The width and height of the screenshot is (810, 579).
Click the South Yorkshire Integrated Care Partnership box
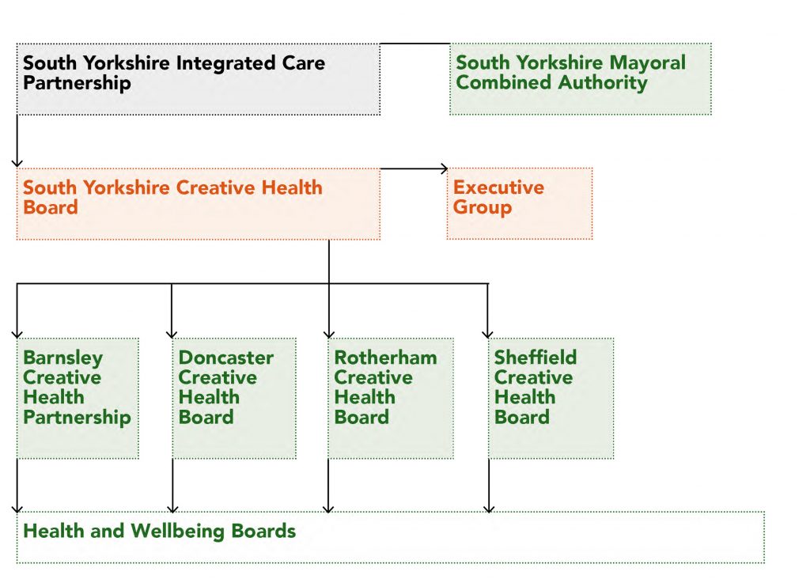pos(199,79)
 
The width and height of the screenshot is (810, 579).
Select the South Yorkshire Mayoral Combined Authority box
pos(581,79)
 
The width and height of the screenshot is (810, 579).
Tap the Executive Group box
pos(520,203)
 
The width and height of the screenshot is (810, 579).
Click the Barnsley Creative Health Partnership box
pos(78,398)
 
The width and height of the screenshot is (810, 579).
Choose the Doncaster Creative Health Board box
pos(234,398)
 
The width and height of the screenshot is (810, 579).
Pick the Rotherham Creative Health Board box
pos(391,398)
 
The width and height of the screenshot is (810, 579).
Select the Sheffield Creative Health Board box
pos(551,398)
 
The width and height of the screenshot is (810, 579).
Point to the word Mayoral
pos(647,62)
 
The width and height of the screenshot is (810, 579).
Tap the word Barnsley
pos(63,358)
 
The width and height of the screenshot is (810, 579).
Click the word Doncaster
pos(226,358)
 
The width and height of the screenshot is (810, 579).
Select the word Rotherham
pos(385,358)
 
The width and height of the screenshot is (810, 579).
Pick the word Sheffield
pos(536,357)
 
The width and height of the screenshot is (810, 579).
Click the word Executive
pos(498,187)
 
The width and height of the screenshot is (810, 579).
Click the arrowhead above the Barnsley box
pos(17,335)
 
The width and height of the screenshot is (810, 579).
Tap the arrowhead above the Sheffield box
pos(487,335)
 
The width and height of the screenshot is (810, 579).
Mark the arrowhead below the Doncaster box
pos(172,509)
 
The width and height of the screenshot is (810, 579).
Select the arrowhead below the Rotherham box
pos(328,509)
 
